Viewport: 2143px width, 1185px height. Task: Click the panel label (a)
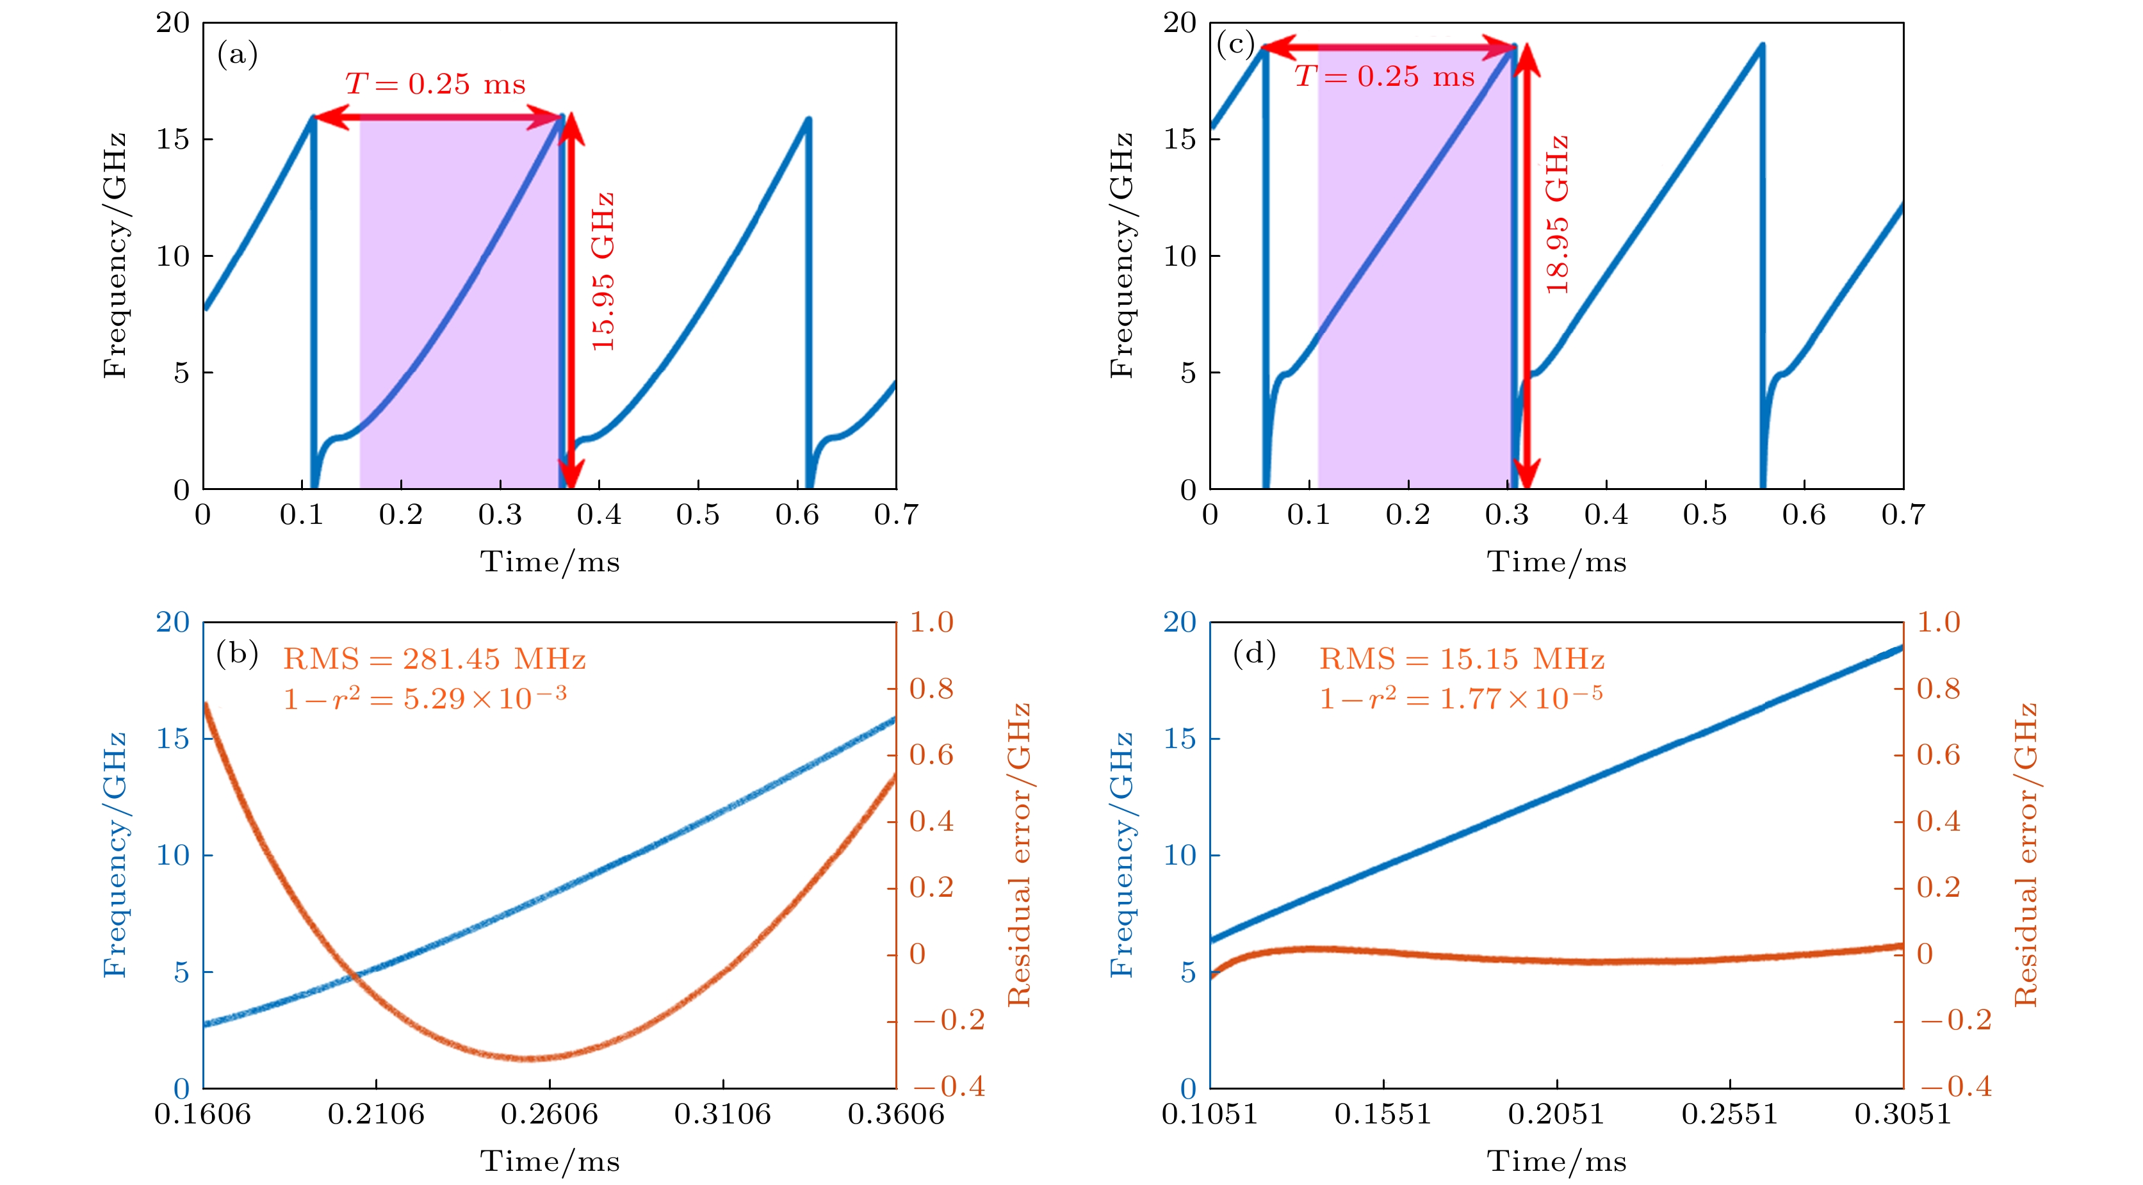click(x=237, y=55)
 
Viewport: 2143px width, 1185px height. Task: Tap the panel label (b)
click(x=237, y=653)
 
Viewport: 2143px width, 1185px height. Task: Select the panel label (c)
click(x=1235, y=44)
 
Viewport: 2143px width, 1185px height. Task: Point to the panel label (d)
click(x=1255, y=653)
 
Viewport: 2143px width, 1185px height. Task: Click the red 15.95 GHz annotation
click(x=602, y=272)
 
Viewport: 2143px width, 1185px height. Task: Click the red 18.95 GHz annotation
click(x=1556, y=215)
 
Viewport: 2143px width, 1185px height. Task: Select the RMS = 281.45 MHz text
click(x=434, y=659)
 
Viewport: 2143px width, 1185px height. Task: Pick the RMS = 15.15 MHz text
click(x=1462, y=659)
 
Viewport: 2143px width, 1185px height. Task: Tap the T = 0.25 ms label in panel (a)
click(x=436, y=84)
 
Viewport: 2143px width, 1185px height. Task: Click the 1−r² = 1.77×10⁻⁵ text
click(x=1461, y=698)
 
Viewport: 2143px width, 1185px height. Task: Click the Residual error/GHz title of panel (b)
click(x=1020, y=854)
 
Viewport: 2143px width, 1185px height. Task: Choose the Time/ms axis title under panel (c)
click(x=1556, y=562)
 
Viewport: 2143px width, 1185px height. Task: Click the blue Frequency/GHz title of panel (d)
click(x=1121, y=854)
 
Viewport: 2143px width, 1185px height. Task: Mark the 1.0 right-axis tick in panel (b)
click(x=931, y=623)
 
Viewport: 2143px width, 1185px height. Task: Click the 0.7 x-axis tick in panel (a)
click(x=896, y=515)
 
